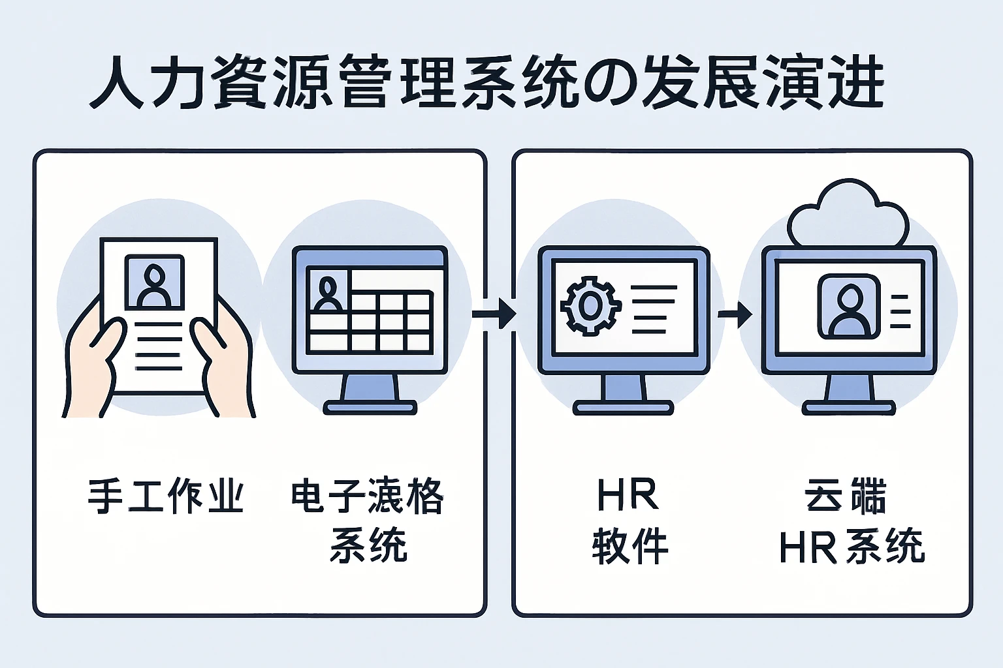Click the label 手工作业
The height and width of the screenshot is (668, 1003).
tap(166, 496)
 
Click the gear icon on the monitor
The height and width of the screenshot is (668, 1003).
tap(590, 305)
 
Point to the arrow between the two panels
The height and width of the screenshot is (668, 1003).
tap(495, 314)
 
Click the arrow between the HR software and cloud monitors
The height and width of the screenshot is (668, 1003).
tap(735, 314)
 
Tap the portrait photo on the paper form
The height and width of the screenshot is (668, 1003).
tap(155, 282)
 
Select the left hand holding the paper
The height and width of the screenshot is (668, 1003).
tap(91, 365)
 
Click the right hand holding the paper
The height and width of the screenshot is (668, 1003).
tap(225, 365)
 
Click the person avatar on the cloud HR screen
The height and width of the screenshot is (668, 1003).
tap(848, 307)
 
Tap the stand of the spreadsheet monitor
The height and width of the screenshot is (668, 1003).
tap(370, 395)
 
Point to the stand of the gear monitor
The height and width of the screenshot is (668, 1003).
tap(623, 395)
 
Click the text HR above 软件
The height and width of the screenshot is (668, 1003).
tap(628, 496)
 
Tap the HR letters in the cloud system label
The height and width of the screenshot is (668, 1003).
tap(808, 547)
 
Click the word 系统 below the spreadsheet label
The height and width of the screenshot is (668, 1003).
tap(369, 545)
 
